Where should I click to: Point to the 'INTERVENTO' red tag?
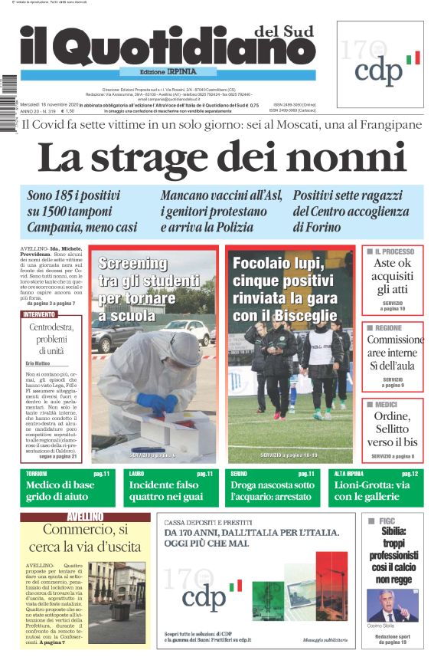click(x=39, y=314)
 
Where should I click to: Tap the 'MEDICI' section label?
click(x=386, y=404)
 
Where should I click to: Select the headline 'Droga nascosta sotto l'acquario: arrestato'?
click(x=273, y=491)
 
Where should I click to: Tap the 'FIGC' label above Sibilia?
click(x=387, y=521)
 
